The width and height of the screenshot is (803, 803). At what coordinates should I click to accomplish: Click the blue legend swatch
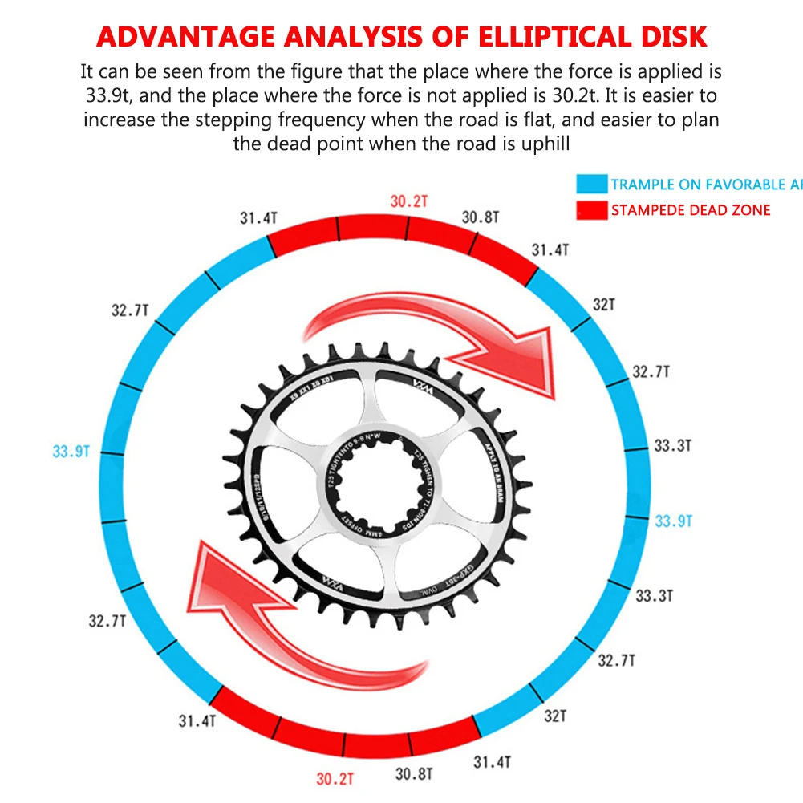tap(591, 185)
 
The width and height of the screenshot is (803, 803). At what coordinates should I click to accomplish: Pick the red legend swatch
tap(591, 210)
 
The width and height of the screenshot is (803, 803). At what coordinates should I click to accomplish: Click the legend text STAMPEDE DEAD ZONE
tap(690, 210)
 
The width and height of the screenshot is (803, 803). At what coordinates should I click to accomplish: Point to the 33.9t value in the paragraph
tap(112, 95)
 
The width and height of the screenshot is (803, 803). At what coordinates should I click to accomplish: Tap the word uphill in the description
tap(544, 144)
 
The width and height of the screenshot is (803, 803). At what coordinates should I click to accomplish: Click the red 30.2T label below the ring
tap(335, 778)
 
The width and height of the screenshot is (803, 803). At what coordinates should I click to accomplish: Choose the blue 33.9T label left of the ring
tap(71, 452)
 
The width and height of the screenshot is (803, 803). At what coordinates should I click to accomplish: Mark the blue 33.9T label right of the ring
tap(673, 521)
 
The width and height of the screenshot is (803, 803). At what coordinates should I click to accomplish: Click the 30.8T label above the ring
tap(481, 217)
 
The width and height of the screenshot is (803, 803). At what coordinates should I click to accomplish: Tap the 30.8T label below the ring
tap(414, 774)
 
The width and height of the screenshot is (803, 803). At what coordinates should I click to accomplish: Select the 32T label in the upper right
tap(603, 305)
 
